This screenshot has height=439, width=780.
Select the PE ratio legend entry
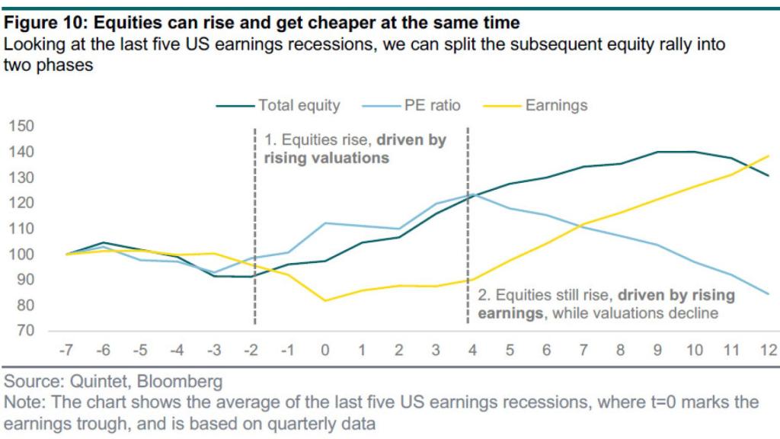(x=432, y=105)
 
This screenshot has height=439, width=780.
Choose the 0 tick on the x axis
(x=325, y=351)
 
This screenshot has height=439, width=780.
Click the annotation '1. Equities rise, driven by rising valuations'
(x=354, y=149)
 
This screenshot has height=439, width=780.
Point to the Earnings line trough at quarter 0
(x=325, y=300)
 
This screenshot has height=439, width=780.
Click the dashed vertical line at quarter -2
(x=254, y=229)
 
